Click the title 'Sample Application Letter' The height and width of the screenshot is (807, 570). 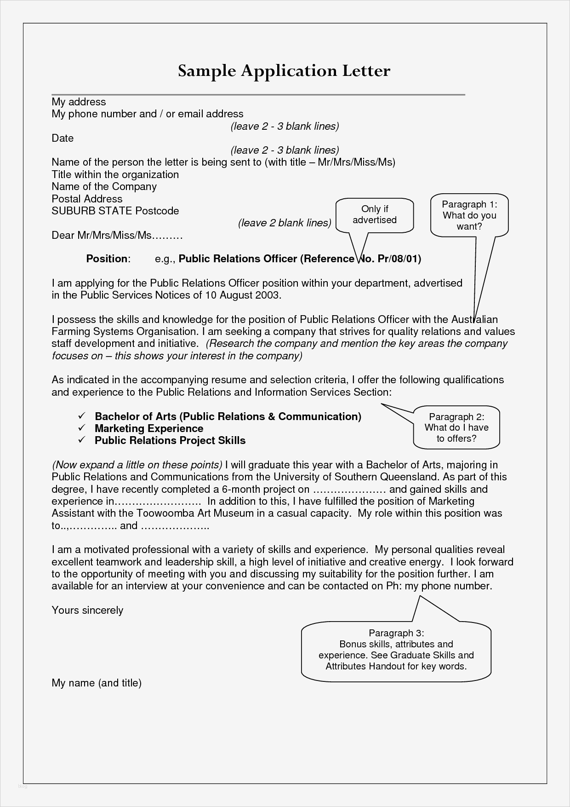pyautogui.click(x=284, y=71)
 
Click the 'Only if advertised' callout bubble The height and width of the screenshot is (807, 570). pyautogui.click(x=375, y=215)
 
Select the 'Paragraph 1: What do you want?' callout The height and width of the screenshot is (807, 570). pyautogui.click(x=469, y=215)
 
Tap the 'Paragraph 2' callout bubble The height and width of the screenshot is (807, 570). pyautogui.click(x=456, y=427)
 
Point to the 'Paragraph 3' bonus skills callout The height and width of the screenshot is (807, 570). pyautogui.click(x=396, y=650)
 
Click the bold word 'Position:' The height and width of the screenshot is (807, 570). pyautogui.click(x=108, y=259)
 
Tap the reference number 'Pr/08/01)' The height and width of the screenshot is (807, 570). pyautogui.click(x=399, y=259)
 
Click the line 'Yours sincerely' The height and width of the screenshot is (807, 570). pyautogui.click(x=87, y=611)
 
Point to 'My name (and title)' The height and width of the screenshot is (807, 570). pyautogui.click(x=97, y=683)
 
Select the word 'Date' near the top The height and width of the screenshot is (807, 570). pyautogui.click(x=63, y=138)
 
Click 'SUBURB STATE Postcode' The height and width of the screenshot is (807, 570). pyautogui.click(x=115, y=211)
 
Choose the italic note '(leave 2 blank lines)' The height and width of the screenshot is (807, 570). pyautogui.click(x=285, y=223)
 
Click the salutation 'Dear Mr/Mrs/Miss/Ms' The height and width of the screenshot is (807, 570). pyautogui.click(x=117, y=236)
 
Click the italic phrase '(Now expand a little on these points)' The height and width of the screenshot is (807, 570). pyautogui.click(x=137, y=465)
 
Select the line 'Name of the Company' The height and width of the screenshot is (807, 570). pyautogui.click(x=104, y=187)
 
